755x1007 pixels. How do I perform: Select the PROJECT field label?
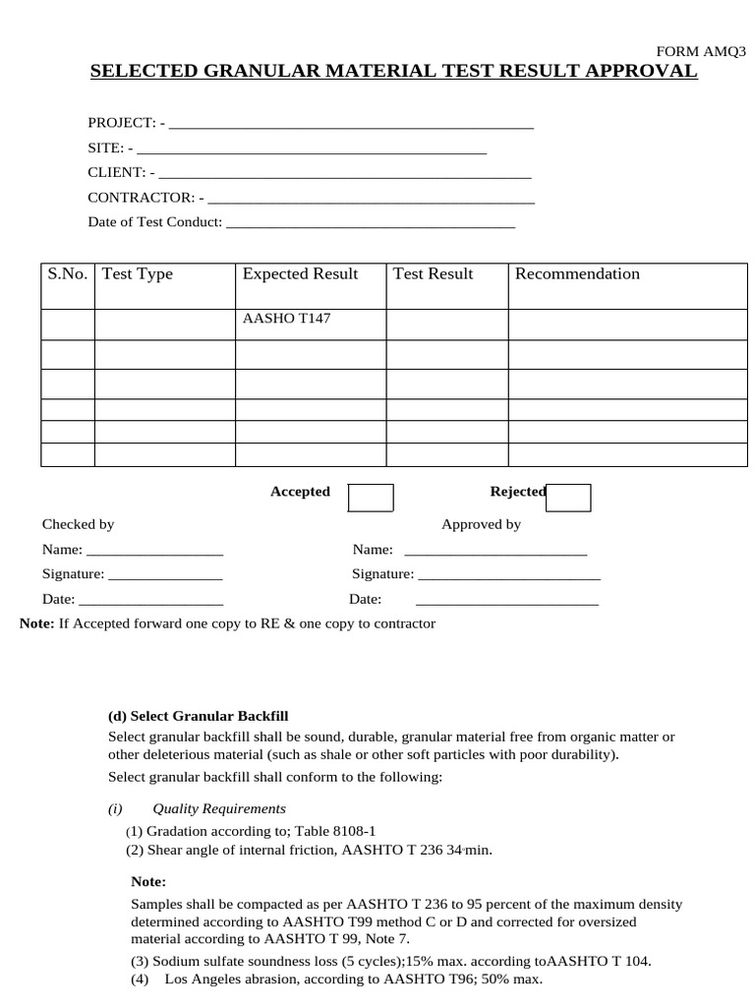(121, 123)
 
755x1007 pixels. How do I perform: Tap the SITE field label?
(105, 148)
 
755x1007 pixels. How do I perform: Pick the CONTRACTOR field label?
(141, 197)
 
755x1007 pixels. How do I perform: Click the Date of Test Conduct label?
(154, 221)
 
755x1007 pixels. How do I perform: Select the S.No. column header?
(68, 274)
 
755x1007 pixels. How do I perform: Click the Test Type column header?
(138, 274)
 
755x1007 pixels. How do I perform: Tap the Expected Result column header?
(300, 274)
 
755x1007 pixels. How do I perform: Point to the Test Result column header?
(433, 274)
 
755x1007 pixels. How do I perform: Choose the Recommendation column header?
(577, 274)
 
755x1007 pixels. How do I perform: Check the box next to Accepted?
(371, 498)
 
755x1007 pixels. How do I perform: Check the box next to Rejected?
(568, 498)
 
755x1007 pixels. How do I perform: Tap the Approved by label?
(481, 524)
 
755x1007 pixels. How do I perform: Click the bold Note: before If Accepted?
(37, 623)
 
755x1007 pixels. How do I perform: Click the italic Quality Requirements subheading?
(219, 808)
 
